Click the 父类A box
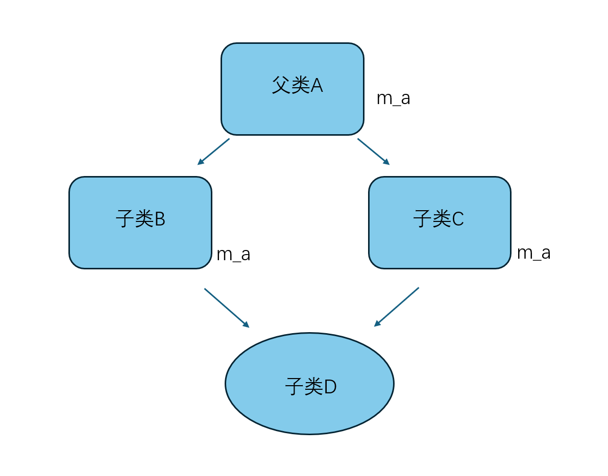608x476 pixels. (292, 89)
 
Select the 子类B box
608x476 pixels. (140, 222)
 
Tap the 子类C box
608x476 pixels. (439, 222)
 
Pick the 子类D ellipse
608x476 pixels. (309, 383)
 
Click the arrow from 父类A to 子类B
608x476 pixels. (213, 152)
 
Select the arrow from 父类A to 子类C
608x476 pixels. (373, 152)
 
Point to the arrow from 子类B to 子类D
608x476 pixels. (227, 308)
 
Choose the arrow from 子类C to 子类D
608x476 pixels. (397, 307)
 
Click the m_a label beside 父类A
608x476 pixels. (393, 98)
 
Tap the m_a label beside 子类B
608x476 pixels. (233, 254)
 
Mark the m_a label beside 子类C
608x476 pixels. (533, 253)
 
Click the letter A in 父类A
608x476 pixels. (317, 86)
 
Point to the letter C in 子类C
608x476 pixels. (458, 219)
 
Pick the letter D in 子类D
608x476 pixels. (330, 387)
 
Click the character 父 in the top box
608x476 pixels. (281, 85)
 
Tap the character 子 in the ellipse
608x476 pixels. (294, 387)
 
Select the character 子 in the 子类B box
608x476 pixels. (125, 219)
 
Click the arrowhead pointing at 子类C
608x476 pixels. (386, 162)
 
